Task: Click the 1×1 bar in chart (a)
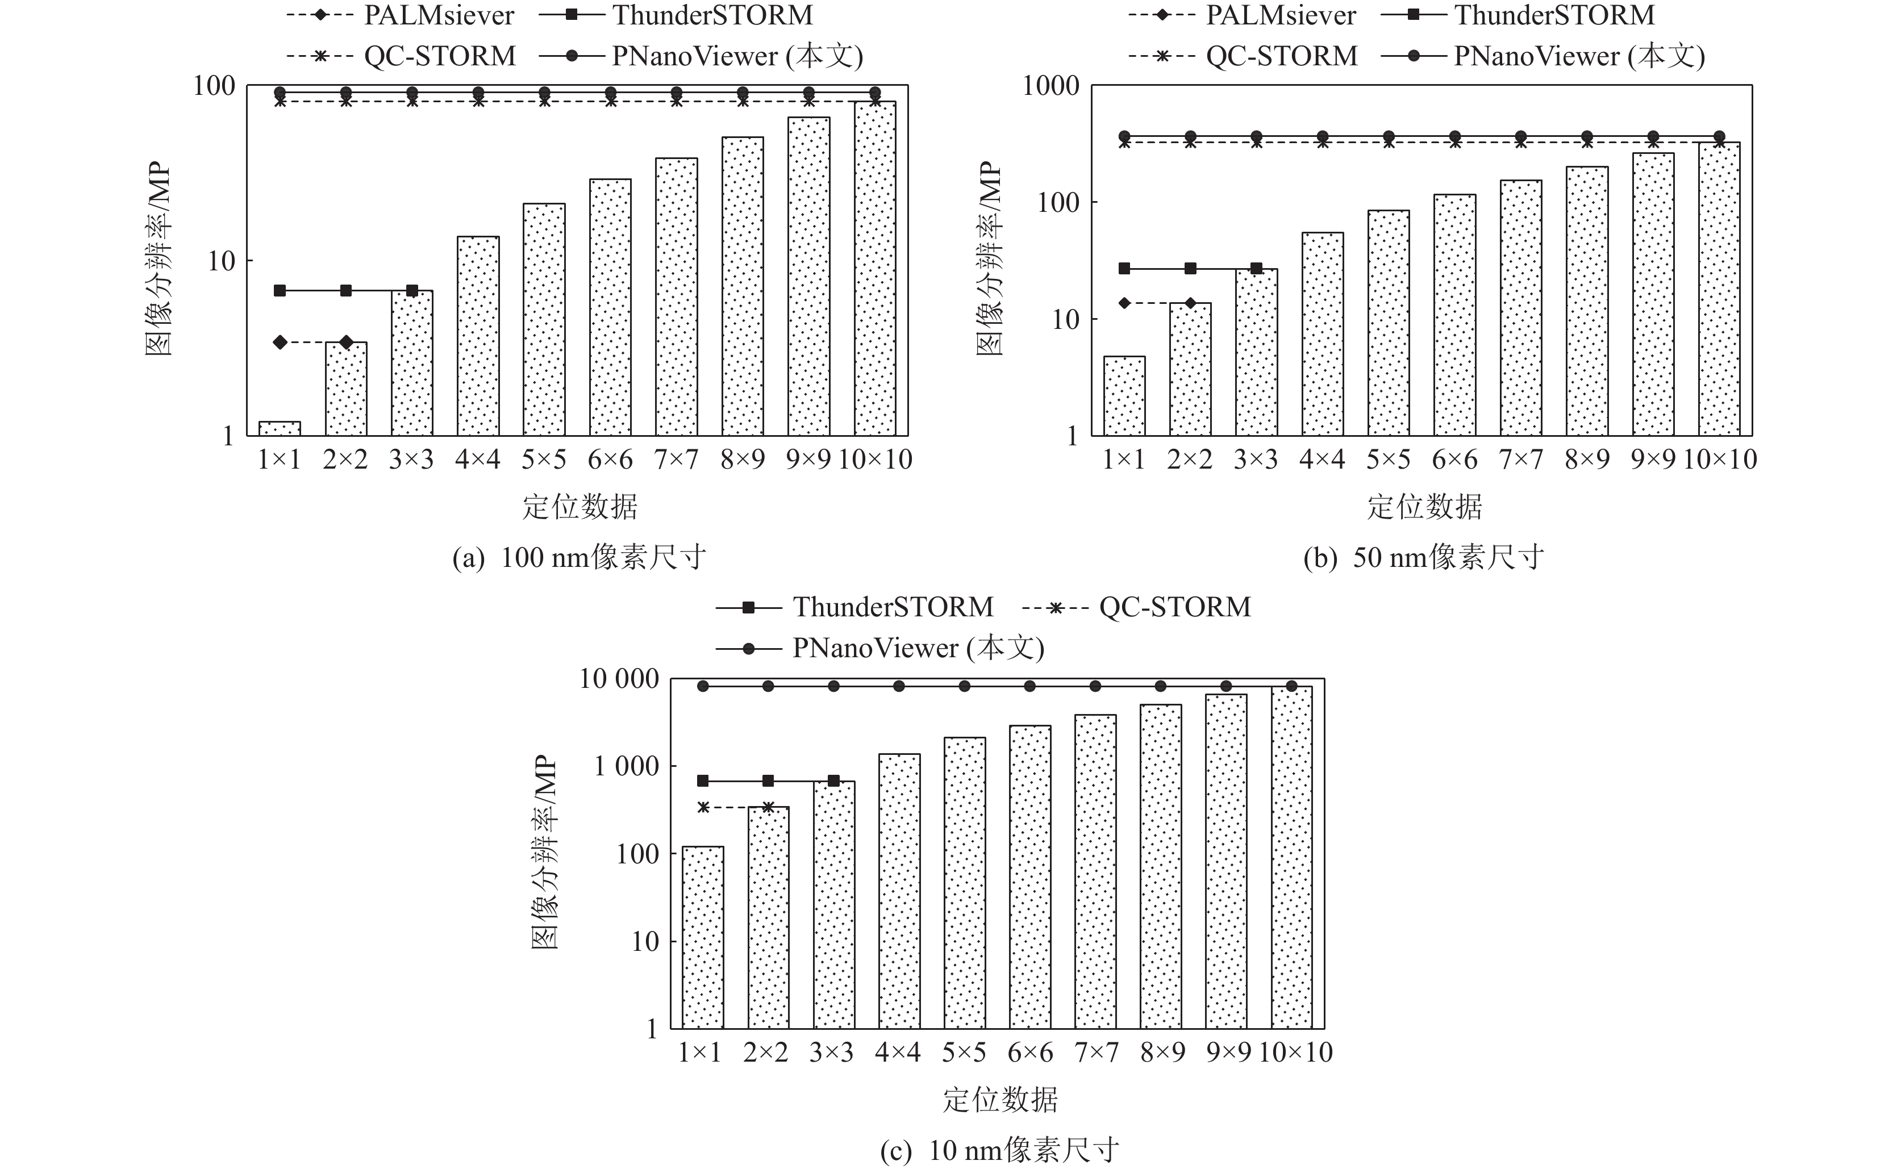[x=280, y=428]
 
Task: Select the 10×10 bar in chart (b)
[x=1719, y=289]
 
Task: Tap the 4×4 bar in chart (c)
[x=899, y=891]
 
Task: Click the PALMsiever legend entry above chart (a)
[x=399, y=15]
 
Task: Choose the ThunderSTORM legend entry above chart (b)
[x=1518, y=15]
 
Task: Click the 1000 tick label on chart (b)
[x=1050, y=86]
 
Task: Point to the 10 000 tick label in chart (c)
[x=619, y=679]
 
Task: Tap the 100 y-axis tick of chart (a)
[x=214, y=86]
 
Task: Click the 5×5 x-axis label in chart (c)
[x=964, y=1052]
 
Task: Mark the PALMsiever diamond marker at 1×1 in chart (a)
[x=280, y=343]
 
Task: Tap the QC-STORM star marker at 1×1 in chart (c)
[x=703, y=807]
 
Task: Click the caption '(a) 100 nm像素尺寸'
[x=579, y=557]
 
